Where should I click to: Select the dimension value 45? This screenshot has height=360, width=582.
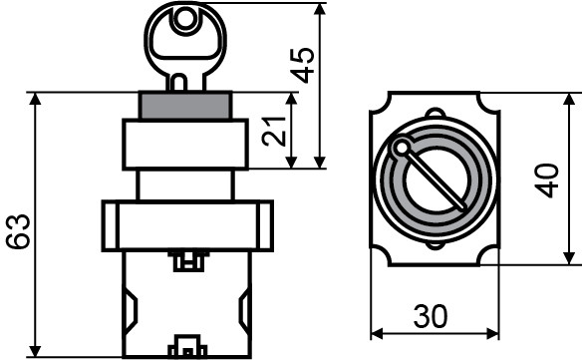[x=307, y=66]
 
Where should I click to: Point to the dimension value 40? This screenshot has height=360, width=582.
[x=546, y=180]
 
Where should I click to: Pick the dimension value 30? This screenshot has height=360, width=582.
[x=430, y=316]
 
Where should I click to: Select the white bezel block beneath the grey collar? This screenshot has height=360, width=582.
[x=185, y=143]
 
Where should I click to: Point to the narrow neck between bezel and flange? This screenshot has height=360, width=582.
[x=185, y=183]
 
